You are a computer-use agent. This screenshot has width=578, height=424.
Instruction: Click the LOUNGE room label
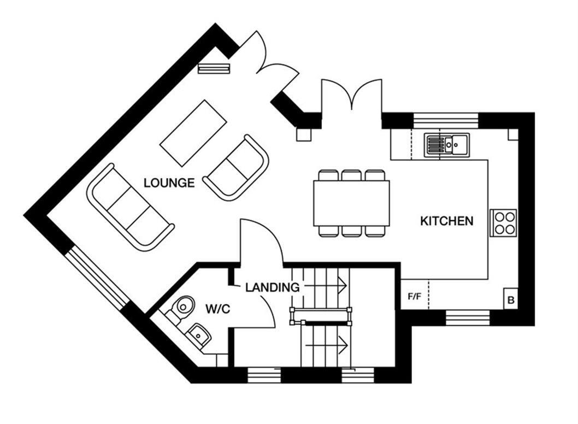click(169, 183)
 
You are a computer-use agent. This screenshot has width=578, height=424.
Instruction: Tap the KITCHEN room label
click(446, 221)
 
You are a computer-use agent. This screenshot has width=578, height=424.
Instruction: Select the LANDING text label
click(272, 287)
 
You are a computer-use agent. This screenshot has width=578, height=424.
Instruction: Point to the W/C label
click(218, 309)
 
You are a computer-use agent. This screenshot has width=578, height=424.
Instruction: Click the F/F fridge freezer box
click(415, 297)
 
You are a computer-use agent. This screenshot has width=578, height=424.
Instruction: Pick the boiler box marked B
click(511, 300)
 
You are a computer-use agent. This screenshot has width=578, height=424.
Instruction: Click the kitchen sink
click(445, 145)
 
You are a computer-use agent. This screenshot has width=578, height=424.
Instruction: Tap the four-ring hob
click(503, 223)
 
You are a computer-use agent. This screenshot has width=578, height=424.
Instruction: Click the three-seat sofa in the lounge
click(131, 207)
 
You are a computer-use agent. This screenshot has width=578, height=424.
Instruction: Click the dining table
click(351, 203)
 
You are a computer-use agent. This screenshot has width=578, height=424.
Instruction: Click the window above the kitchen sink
click(446, 120)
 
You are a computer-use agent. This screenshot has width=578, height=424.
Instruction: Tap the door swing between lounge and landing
click(261, 241)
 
